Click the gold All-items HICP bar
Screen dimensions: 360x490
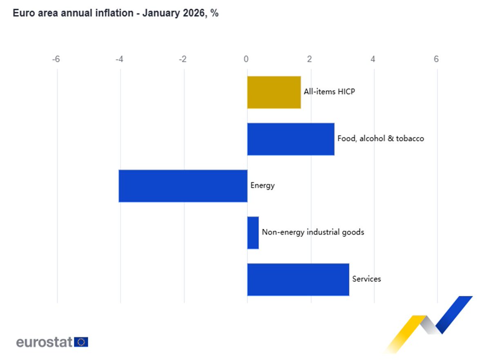tap(274, 92)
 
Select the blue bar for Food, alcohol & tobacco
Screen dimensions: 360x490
tap(291, 139)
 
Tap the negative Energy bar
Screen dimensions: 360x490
tap(183, 186)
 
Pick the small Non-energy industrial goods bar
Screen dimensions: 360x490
tap(253, 233)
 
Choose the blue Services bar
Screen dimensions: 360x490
tap(298, 280)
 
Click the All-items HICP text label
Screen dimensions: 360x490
tap(329, 92)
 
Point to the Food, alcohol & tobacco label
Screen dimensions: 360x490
tap(381, 139)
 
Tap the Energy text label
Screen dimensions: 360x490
tap(263, 186)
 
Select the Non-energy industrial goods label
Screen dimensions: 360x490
tap(313, 232)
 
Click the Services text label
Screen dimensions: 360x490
tap(366, 279)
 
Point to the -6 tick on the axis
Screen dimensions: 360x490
tap(56, 59)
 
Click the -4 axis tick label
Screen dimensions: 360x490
tap(119, 59)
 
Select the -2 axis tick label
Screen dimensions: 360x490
tap(183, 59)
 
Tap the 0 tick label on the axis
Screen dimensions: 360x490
tap(246, 59)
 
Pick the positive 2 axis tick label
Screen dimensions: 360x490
tap(310, 59)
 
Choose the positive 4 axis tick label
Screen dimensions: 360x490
tap(373, 59)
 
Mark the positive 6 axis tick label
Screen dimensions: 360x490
tap(436, 59)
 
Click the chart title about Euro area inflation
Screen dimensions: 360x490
tap(116, 13)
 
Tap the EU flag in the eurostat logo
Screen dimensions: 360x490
tap(81, 342)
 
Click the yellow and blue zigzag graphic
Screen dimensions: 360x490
tap(429, 323)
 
